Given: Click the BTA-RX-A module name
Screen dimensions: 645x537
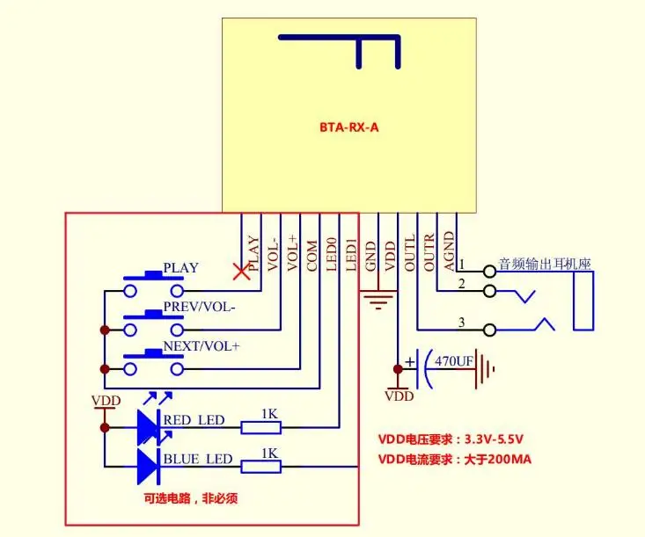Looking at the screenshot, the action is [x=348, y=127].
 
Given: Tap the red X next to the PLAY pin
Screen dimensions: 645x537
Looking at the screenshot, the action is [x=241, y=272].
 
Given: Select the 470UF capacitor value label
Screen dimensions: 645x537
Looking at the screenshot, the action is [x=454, y=361].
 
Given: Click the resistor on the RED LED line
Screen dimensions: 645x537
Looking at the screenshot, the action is [x=260, y=428].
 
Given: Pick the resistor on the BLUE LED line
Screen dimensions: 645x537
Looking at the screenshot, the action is [x=260, y=467].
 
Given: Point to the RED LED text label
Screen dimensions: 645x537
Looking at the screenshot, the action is [x=194, y=420].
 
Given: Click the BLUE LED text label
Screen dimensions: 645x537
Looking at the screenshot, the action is [x=198, y=459].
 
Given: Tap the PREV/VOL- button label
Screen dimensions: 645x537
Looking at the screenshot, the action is [x=199, y=307].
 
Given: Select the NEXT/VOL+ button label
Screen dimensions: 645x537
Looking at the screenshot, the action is [x=202, y=346].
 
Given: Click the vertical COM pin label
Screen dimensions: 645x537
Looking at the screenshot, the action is [x=312, y=256].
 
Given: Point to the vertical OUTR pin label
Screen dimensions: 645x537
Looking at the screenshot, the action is [x=429, y=252].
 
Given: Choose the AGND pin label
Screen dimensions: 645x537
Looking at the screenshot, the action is [x=449, y=251].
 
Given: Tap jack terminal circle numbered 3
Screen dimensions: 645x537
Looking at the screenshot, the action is [x=489, y=330].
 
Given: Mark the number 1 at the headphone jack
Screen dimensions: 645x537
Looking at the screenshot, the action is [x=462, y=265].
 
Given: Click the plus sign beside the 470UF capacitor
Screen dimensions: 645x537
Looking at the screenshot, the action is [x=410, y=361].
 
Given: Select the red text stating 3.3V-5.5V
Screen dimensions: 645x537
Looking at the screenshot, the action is [x=494, y=439].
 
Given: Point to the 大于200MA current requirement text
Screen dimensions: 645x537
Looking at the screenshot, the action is [x=498, y=459].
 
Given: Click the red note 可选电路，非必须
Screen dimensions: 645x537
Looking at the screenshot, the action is [x=190, y=498].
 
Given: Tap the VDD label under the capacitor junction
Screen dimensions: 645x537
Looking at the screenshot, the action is [x=399, y=396].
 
